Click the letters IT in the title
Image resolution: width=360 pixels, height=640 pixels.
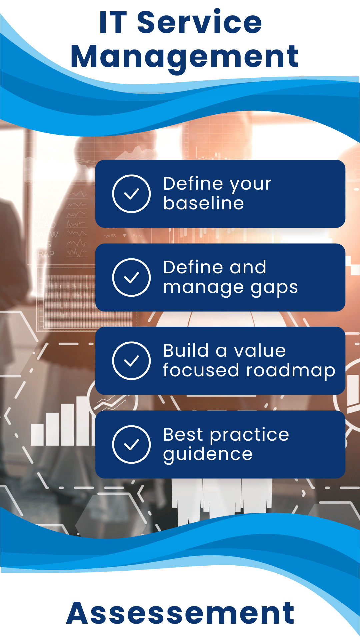(x=113, y=22)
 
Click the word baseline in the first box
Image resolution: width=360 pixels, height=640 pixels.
(x=203, y=203)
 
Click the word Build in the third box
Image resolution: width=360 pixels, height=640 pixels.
(x=186, y=351)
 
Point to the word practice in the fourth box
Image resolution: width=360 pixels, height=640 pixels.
(x=250, y=435)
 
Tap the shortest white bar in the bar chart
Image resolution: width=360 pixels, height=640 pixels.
(x=37, y=435)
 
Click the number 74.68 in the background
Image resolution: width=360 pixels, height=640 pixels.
(x=110, y=236)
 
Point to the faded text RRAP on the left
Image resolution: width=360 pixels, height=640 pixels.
(x=43, y=254)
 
